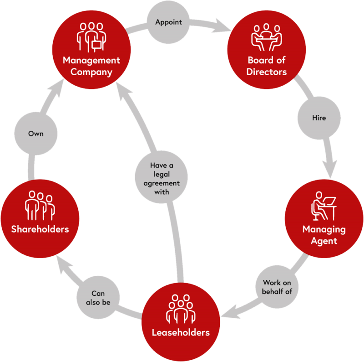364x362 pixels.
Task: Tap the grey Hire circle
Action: tap(318, 118)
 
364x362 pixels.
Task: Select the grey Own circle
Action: tap(35, 134)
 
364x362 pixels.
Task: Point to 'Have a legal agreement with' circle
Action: tap(161, 179)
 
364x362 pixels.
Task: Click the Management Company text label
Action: tap(91, 66)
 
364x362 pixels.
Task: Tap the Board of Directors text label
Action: tap(267, 66)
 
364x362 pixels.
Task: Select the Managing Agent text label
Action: tap(324, 235)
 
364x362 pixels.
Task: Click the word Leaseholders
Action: tap(181, 332)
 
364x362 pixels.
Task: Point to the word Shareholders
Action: tap(40, 229)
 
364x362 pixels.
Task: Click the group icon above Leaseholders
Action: tap(181, 307)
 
